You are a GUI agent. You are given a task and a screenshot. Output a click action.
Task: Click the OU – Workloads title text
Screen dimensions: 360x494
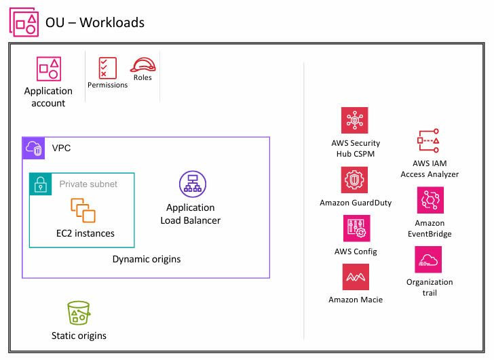click(x=95, y=22)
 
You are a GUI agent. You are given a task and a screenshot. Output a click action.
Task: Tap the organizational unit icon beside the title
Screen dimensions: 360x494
click(x=24, y=22)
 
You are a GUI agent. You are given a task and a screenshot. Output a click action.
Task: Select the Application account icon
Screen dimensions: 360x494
click(x=49, y=69)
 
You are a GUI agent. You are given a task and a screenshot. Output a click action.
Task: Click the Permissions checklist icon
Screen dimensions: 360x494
click(x=107, y=68)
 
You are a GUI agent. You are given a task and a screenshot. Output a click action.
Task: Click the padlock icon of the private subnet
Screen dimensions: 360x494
click(x=41, y=184)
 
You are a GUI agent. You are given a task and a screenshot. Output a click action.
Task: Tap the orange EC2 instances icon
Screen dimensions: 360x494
click(x=84, y=210)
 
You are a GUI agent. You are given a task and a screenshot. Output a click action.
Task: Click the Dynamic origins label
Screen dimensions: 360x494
click(x=147, y=259)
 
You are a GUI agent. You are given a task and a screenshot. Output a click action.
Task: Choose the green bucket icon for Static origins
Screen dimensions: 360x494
click(x=79, y=314)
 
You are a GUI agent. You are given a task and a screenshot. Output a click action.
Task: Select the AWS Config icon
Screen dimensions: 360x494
click(x=356, y=229)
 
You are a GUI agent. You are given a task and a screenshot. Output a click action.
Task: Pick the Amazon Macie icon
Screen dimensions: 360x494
click(x=356, y=277)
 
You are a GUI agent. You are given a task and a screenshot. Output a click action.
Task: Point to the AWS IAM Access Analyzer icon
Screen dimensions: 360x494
click(x=430, y=141)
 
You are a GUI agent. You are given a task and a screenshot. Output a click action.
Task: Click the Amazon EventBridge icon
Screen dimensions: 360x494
click(x=430, y=201)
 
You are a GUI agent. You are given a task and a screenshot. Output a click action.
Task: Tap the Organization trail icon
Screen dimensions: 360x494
click(x=428, y=260)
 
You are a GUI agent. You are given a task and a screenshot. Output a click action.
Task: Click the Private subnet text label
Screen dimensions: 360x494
click(x=88, y=184)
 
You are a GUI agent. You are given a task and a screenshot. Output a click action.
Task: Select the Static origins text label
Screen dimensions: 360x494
click(x=79, y=336)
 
